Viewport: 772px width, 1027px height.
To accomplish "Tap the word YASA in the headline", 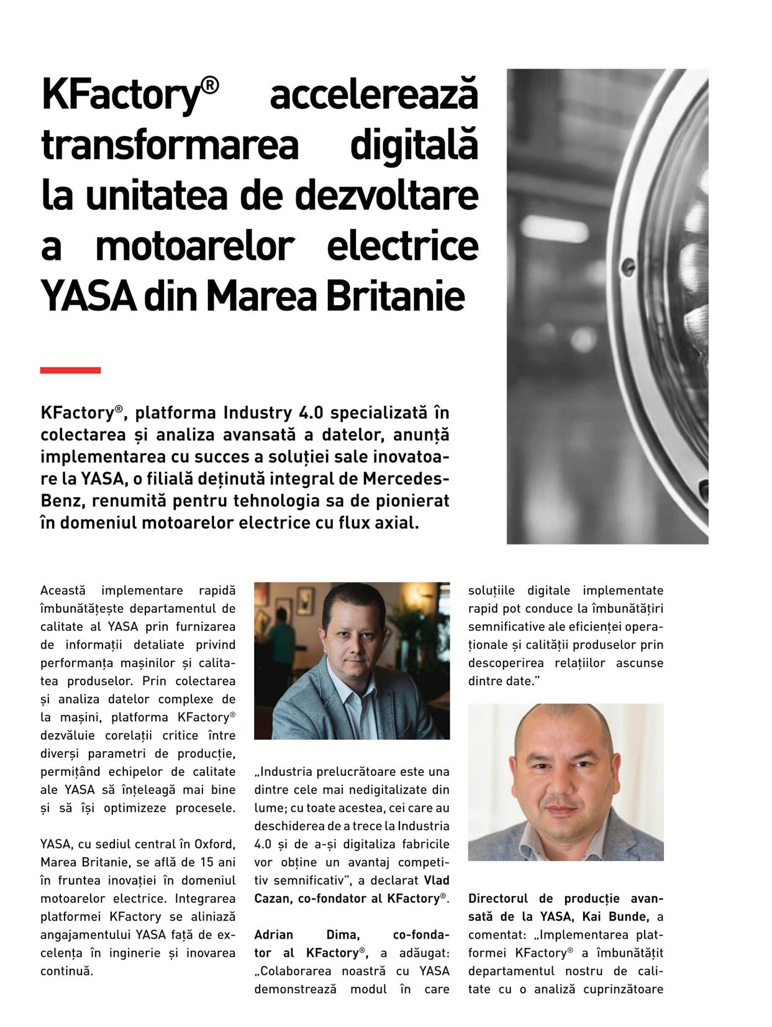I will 89,297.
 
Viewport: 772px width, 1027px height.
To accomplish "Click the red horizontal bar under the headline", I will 70,371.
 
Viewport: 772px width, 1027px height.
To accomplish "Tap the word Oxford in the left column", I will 215,844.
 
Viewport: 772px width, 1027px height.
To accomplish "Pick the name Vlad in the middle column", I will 437,880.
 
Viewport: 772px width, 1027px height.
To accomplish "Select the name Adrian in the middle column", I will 273,934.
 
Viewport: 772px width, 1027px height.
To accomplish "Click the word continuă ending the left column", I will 66,970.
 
